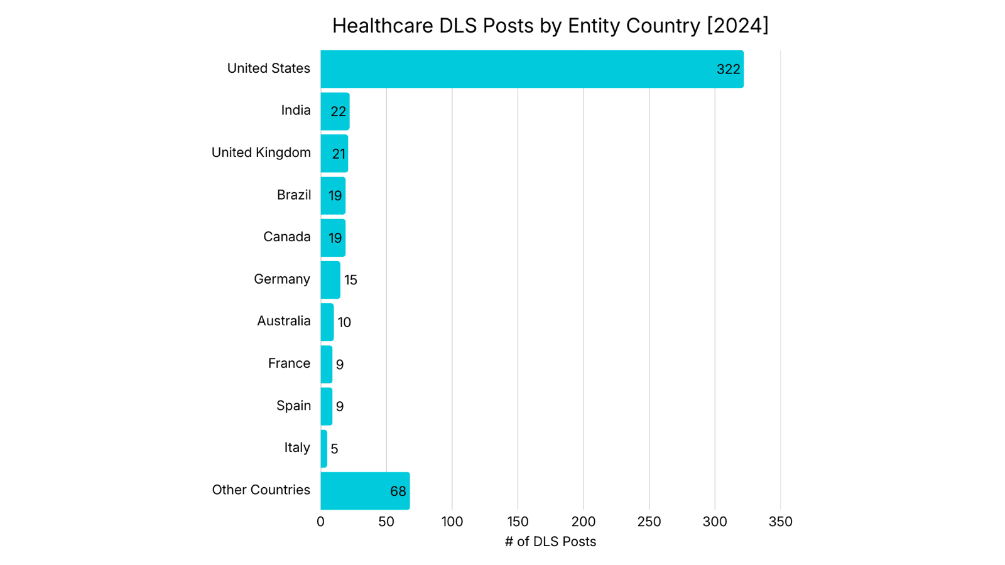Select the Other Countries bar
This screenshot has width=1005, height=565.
[x=365, y=491]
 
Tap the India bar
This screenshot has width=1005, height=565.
[x=335, y=112]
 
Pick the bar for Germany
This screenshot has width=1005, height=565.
[x=330, y=280]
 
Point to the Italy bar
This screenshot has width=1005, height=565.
[x=324, y=449]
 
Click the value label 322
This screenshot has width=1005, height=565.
[x=728, y=70]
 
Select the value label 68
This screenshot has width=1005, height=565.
[x=398, y=492]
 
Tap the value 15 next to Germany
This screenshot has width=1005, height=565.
[x=350, y=280]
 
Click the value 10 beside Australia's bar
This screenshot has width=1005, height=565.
[x=344, y=323]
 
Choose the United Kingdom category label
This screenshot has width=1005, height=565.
[x=261, y=153]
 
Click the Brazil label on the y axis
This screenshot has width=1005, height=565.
[x=293, y=195]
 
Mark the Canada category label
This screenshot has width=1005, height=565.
[x=286, y=237]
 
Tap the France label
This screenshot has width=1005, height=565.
[x=289, y=363]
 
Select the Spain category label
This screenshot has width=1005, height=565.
[x=293, y=406]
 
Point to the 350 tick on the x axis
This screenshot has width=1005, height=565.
[x=780, y=522]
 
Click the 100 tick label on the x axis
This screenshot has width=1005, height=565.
[x=452, y=522]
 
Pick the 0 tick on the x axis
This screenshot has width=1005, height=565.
[x=320, y=522]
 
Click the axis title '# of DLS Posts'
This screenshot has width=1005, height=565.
[x=550, y=542]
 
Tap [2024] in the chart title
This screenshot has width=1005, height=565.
[x=737, y=26]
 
